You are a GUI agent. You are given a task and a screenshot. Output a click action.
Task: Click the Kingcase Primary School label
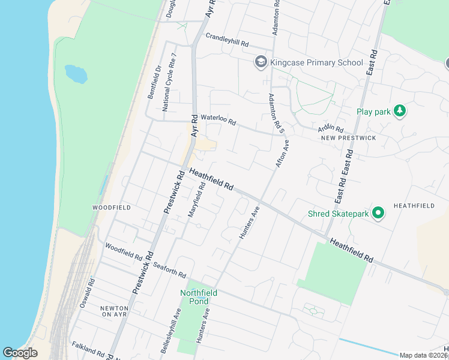(316, 62)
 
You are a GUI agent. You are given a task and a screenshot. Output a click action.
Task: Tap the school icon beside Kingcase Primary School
(261, 62)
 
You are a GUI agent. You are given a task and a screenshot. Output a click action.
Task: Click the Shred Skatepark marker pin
(378, 213)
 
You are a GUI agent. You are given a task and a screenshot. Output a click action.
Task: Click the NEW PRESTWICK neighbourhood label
(348, 138)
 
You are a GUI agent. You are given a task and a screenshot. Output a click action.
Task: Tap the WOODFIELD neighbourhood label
(112, 207)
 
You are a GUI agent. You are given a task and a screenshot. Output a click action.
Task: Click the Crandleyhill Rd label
(227, 40)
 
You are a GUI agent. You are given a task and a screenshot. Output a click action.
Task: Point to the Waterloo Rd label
(218, 119)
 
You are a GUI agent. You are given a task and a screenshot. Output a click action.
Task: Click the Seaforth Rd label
(169, 269)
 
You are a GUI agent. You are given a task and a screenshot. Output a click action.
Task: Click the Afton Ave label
(282, 154)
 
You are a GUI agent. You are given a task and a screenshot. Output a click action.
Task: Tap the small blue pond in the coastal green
(76, 74)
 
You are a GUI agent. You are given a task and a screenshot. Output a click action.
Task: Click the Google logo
(20, 353)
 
